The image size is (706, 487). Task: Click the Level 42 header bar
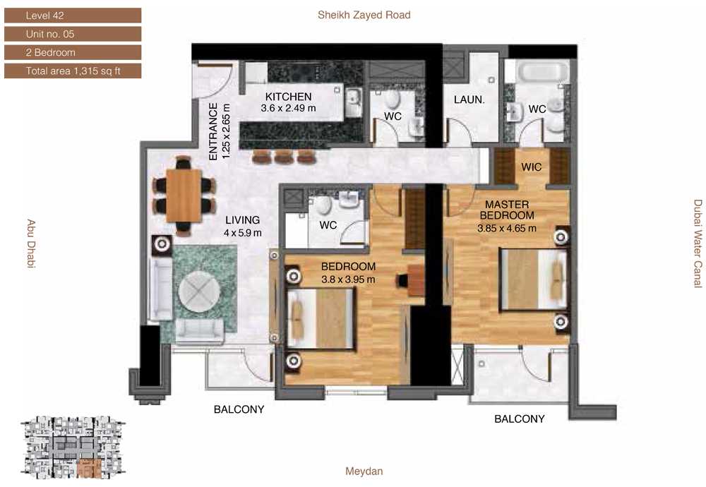[73, 16]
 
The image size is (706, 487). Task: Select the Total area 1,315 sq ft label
[73, 71]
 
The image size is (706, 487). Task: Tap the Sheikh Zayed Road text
[364, 15]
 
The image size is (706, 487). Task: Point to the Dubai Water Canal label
[698, 243]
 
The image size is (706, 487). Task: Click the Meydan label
[364, 471]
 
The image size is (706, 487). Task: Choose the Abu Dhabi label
[30, 243]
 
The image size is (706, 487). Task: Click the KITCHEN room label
[288, 96]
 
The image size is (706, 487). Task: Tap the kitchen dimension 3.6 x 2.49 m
[288, 108]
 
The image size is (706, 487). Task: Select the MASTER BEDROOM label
[507, 210]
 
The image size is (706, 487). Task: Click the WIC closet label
[532, 167]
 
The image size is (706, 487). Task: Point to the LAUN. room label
[469, 100]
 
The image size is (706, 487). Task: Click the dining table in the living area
[184, 196]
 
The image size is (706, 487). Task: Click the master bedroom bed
[534, 279]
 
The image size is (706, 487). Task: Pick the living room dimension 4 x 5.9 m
[243, 233]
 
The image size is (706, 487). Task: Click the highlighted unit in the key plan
[88, 469]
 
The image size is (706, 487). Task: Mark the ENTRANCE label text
[213, 131]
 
